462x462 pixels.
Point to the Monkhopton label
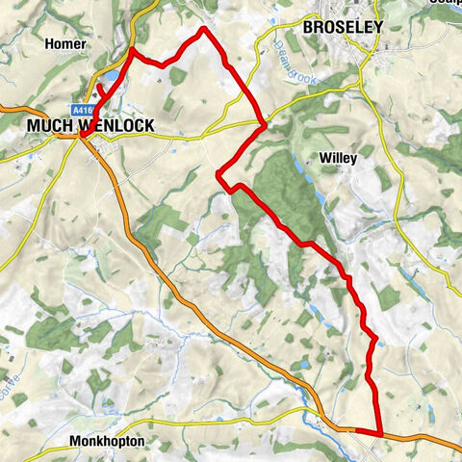(x=107, y=442)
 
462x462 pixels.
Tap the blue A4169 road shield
(x=81, y=111)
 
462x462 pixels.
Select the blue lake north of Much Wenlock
(x=114, y=74)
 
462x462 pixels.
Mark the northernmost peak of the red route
(x=203, y=29)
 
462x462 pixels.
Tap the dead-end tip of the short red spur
(x=99, y=87)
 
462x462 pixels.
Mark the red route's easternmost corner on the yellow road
(x=264, y=123)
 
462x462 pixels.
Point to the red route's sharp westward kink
(x=218, y=173)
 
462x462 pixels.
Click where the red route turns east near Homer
(x=132, y=49)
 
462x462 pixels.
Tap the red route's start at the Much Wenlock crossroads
(x=84, y=135)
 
